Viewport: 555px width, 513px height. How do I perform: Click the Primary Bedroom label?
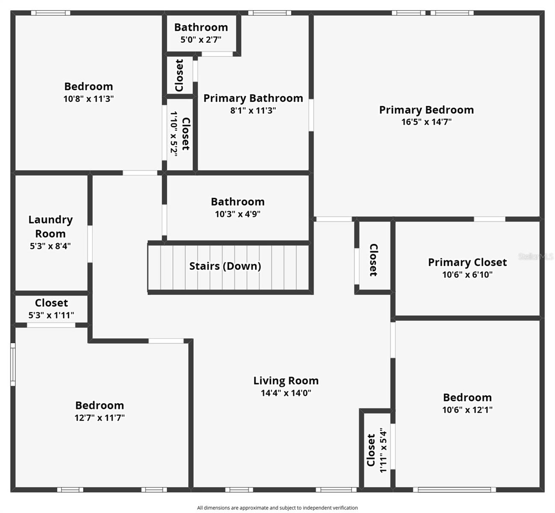[426, 110]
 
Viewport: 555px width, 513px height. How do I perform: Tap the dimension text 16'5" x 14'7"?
[426, 122]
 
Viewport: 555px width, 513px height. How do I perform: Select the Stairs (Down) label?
[225, 266]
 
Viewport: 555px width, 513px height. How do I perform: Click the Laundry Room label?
[50, 227]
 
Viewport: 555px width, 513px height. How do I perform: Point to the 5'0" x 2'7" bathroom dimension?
[201, 40]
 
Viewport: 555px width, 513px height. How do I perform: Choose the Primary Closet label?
[467, 262]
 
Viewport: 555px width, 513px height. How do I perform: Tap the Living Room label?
[286, 380]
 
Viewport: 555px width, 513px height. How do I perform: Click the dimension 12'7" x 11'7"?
[100, 418]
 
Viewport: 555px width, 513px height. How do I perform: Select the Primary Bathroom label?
[253, 98]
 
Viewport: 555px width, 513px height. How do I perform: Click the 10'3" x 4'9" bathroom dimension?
[237, 214]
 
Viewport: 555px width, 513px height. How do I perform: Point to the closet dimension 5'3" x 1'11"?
[51, 315]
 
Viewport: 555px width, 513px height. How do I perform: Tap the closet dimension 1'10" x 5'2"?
[174, 134]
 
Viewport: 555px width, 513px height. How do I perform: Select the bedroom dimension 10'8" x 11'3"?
[89, 99]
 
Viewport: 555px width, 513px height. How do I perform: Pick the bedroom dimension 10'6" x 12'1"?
[467, 410]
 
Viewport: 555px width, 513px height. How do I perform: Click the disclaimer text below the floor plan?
[277, 508]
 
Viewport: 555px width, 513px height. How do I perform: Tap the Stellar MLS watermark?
[536, 256]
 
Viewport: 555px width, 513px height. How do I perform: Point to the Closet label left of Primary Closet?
[373, 260]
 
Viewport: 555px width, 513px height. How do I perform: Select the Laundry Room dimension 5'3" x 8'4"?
[50, 246]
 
